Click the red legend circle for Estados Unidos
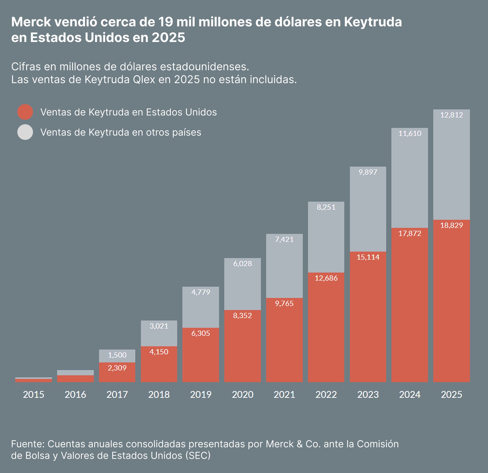click(25, 112)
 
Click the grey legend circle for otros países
click(25, 132)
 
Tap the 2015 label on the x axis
click(34, 394)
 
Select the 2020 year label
click(242, 394)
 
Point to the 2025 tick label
click(451, 394)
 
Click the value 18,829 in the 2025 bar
click(451, 225)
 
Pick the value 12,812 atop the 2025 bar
click(451, 115)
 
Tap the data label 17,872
click(410, 233)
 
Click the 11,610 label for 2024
click(410, 134)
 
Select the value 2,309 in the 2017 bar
click(117, 368)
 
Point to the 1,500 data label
click(117, 355)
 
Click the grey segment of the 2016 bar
click(75, 373)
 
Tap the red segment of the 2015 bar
click(34, 380)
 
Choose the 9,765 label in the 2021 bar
click(284, 303)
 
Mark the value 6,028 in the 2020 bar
click(242, 263)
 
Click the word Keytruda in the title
click(373, 22)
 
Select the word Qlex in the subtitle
click(144, 80)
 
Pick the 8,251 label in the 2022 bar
click(326, 207)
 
